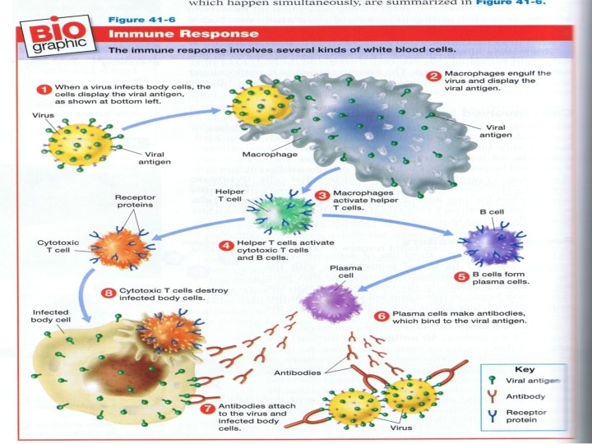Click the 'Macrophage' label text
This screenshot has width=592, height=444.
(265, 154)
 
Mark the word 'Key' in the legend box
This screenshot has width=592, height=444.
(524, 369)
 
